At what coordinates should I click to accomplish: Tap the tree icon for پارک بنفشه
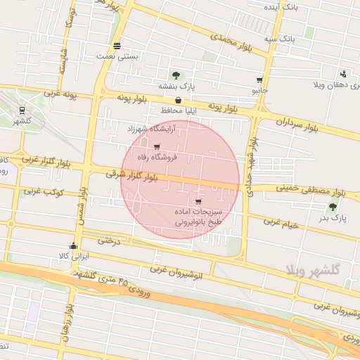(175, 75)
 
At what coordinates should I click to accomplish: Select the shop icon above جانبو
(259, 80)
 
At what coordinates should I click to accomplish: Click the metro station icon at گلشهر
(23, 110)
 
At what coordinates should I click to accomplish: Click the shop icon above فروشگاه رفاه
(156, 147)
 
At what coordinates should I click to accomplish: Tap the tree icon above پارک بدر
(332, 206)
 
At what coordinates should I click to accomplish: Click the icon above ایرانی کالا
(74, 246)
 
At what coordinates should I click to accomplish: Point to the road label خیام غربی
(281, 224)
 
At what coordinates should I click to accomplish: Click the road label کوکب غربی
(44, 191)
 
